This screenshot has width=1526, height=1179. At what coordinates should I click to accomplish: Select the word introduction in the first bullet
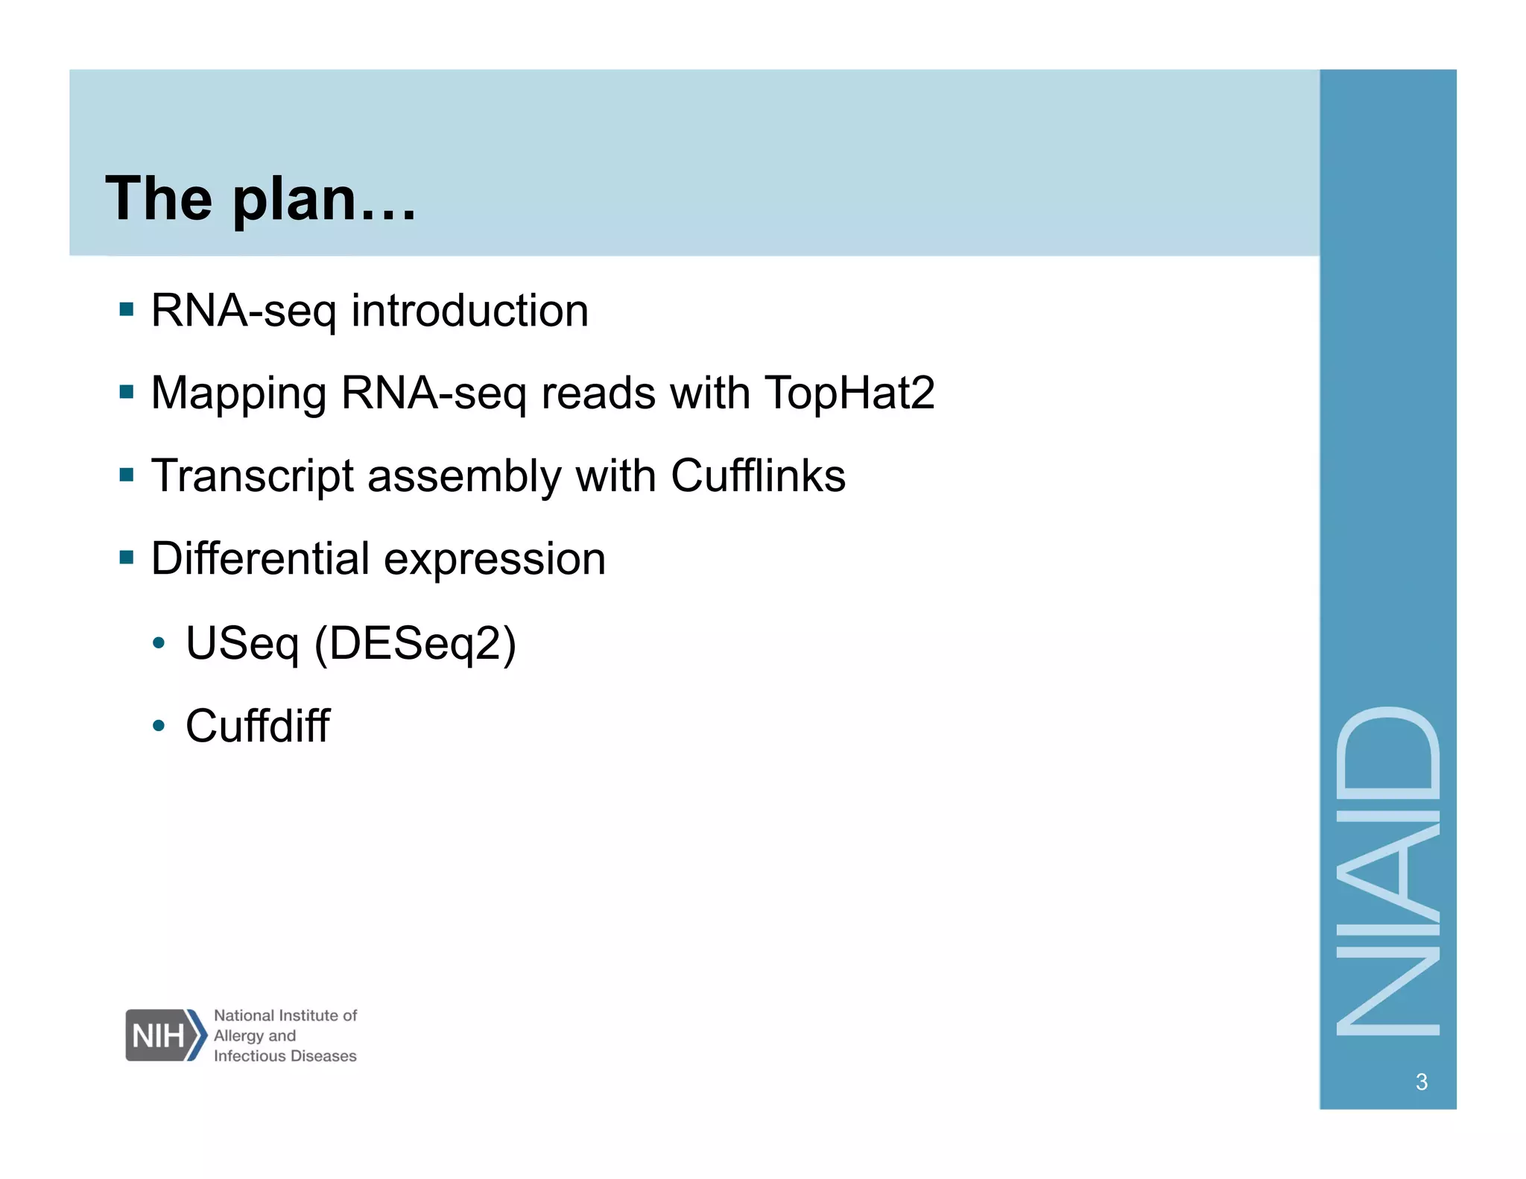[469, 311]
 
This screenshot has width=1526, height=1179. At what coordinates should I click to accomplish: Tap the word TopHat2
[849, 393]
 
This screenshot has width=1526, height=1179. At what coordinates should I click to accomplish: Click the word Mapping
[238, 394]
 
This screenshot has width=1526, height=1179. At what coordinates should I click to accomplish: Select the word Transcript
[252, 476]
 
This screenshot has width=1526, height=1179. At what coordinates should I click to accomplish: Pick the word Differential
[260, 558]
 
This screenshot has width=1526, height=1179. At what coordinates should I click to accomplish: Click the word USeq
[242, 643]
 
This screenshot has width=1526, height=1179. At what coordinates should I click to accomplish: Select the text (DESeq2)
[415, 643]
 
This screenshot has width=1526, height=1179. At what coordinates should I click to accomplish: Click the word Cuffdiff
[257, 726]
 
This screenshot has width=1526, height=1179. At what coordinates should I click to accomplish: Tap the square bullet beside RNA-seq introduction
[127, 309]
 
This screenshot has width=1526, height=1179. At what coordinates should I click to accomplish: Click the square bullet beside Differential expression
[127, 557]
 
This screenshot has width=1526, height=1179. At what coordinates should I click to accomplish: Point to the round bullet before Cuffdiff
[158, 725]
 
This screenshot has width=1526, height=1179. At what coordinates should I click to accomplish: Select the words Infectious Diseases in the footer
[285, 1056]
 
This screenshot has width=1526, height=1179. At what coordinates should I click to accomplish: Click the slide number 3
[1421, 1081]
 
